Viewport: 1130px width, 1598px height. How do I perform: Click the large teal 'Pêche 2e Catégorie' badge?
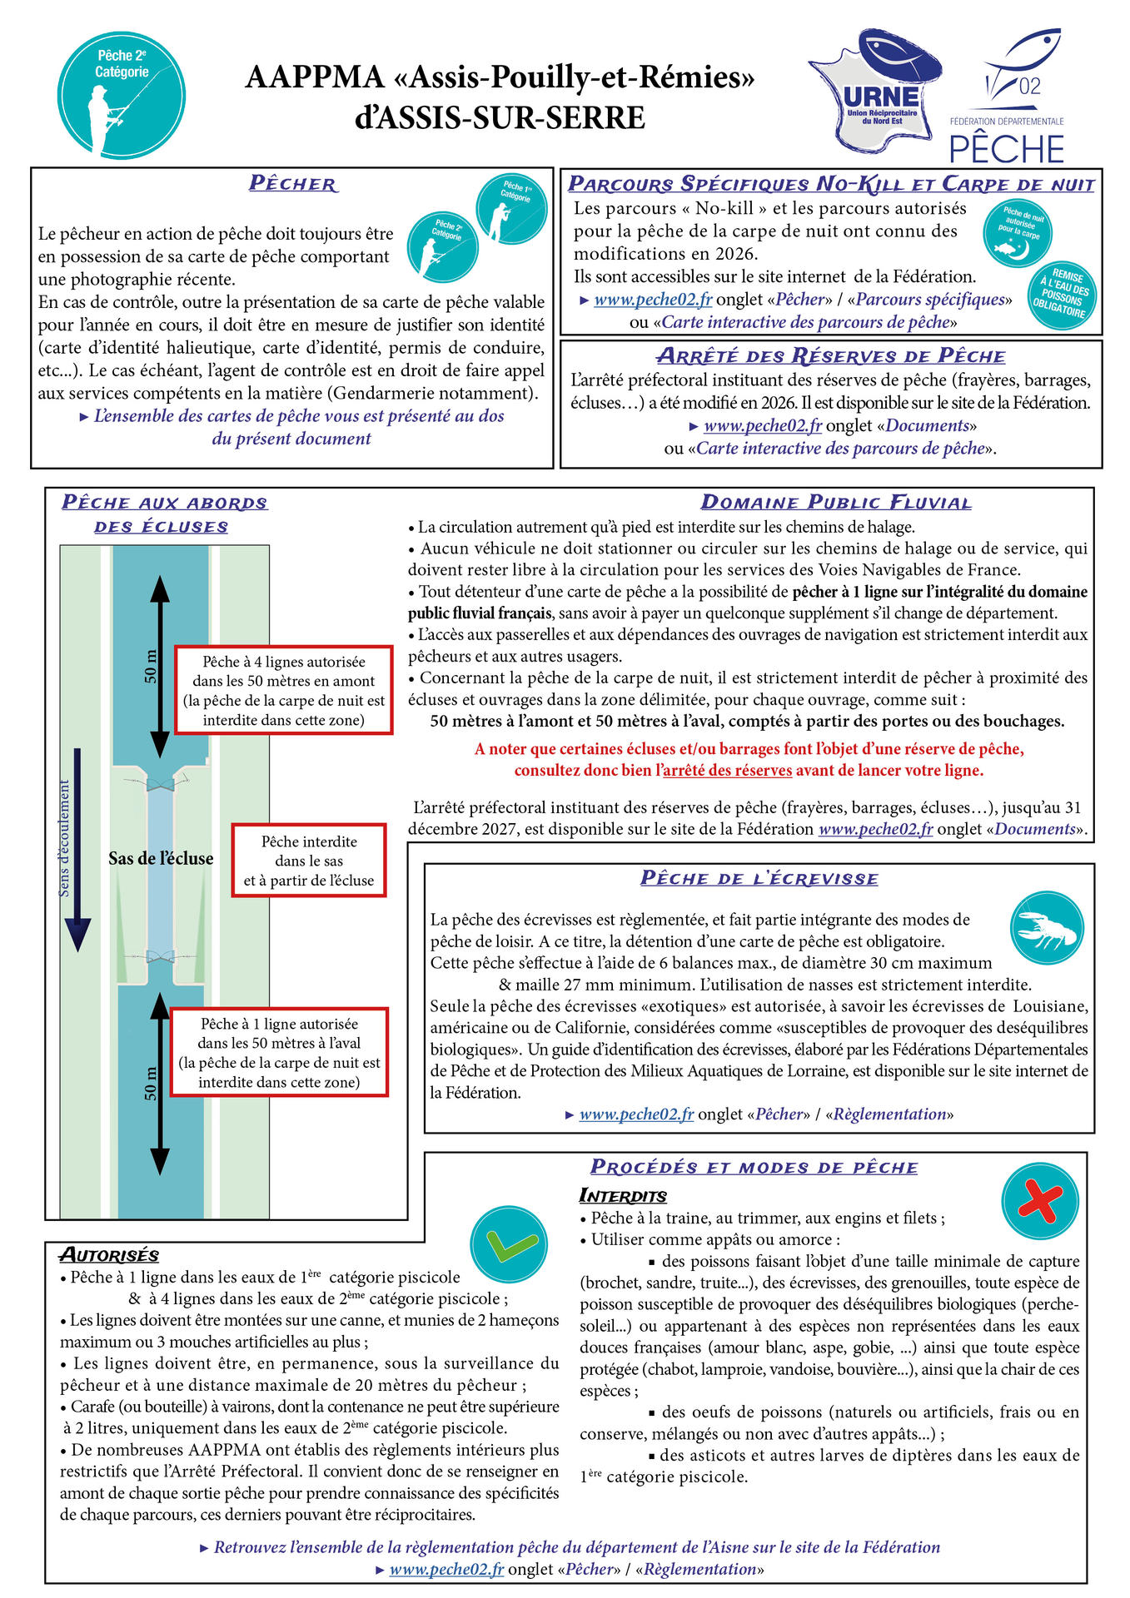tap(122, 94)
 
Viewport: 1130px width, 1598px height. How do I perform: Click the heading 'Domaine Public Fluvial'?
tap(835, 503)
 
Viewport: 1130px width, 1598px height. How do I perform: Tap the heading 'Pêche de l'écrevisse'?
tap(759, 879)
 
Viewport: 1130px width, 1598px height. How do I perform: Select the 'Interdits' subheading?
tap(623, 1196)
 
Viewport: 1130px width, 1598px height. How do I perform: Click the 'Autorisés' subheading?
tap(109, 1255)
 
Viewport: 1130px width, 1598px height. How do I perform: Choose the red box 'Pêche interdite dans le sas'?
tap(309, 861)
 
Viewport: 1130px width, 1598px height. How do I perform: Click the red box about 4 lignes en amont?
tap(283, 690)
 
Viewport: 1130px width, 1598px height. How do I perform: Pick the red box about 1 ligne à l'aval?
tap(279, 1052)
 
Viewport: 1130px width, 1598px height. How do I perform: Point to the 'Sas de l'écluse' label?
tap(161, 859)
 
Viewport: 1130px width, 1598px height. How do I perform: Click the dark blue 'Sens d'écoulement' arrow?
tap(77, 849)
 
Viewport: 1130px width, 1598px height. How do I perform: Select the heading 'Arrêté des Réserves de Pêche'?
tap(831, 356)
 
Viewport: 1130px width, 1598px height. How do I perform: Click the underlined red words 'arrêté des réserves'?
tap(727, 770)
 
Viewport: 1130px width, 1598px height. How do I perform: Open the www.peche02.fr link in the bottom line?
tap(446, 1569)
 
